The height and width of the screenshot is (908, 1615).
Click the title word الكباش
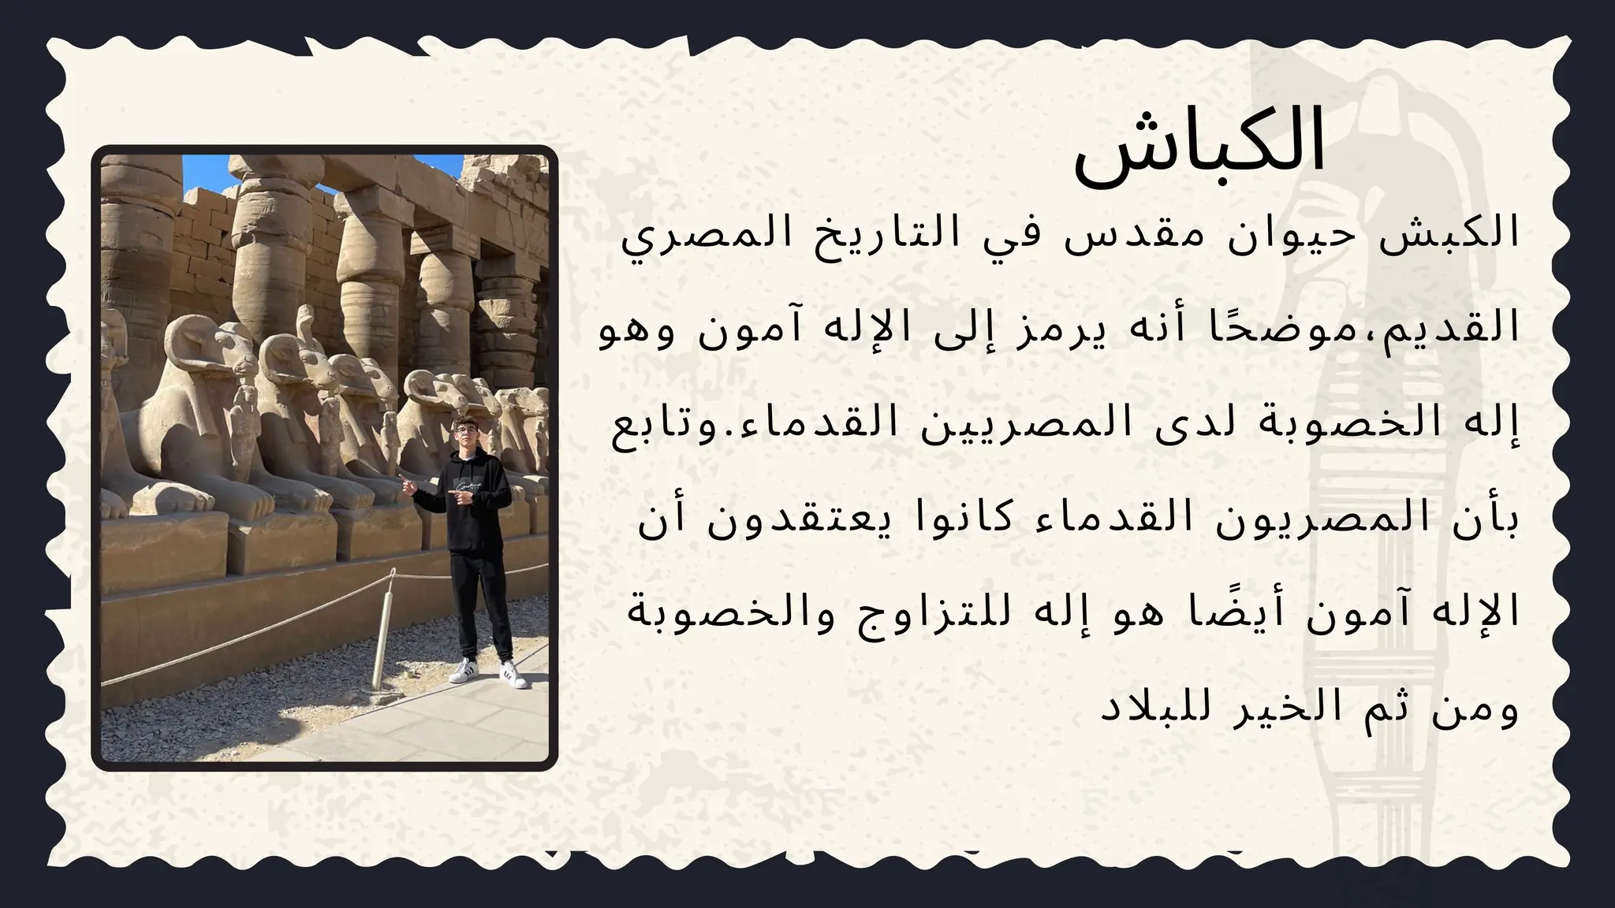(x=1199, y=147)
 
